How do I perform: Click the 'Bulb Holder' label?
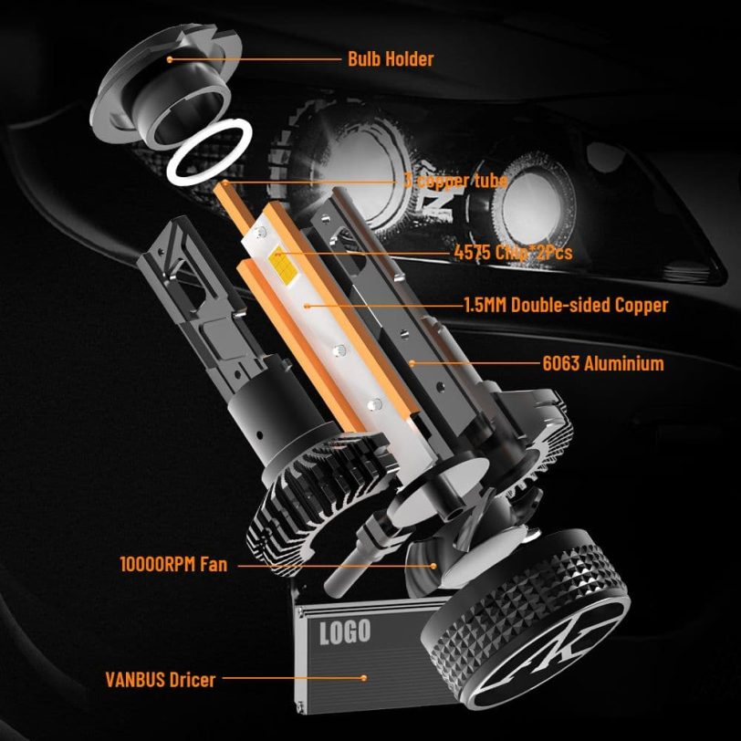point(390,59)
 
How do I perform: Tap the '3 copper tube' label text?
point(455,181)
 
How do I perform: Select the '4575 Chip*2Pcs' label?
point(513,252)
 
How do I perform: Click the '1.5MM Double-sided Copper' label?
point(566,306)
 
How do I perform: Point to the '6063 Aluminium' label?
point(602,363)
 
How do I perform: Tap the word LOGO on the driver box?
point(345,631)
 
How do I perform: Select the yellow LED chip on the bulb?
point(280,262)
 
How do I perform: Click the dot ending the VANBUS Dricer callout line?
point(364,678)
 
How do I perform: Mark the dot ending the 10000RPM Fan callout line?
point(435,565)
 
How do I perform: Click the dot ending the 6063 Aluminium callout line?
point(413,363)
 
